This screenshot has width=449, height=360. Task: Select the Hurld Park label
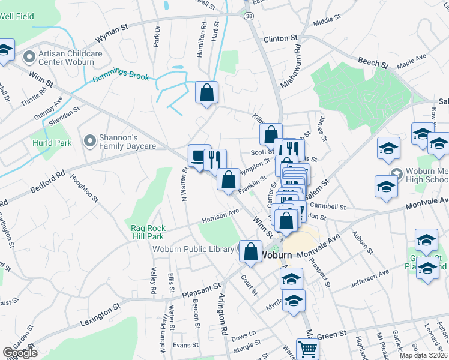click(x=52, y=143)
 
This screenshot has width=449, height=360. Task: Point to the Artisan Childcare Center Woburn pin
click(x=29, y=58)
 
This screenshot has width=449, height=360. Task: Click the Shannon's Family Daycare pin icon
click(x=89, y=141)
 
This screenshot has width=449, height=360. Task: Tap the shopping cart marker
click(x=307, y=349)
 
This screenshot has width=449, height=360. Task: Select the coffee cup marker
click(x=199, y=157)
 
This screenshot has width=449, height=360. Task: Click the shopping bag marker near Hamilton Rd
click(x=206, y=93)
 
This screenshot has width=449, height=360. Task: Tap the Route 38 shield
click(x=249, y=16)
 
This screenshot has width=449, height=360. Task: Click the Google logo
click(x=20, y=353)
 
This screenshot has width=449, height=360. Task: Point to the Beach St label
click(x=368, y=62)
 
